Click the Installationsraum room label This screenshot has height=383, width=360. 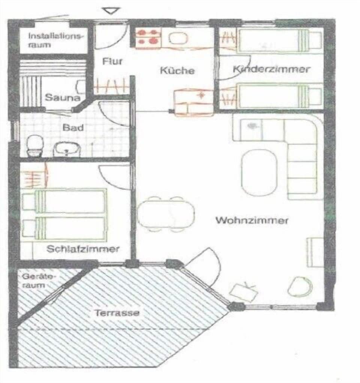pos(55,40)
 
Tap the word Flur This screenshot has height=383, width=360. pos(112,61)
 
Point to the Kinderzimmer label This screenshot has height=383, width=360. pos(271,69)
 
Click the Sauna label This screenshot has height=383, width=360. pos(63,98)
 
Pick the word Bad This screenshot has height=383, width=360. pos(73,127)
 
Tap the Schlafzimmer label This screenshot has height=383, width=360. pos(83,249)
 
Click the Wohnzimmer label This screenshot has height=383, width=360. pos(251,220)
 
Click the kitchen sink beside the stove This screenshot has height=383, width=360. pos(178,38)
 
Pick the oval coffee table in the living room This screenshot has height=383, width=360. pos(259,173)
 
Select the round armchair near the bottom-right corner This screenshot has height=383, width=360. pos(300,286)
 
